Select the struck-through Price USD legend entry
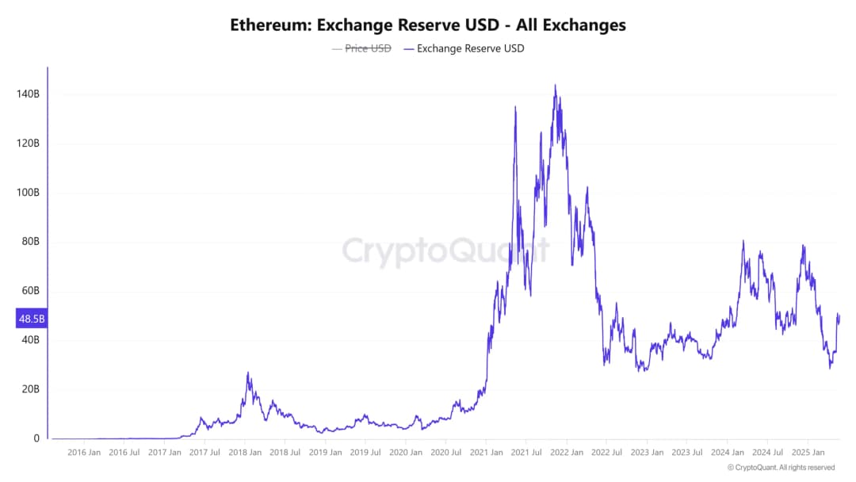point(368,48)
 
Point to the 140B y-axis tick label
point(28,94)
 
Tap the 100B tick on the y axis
point(28,193)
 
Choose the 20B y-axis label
point(29,389)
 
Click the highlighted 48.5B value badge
point(32,319)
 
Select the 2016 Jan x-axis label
point(83,453)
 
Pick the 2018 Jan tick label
point(244,453)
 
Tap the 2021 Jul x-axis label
point(526,453)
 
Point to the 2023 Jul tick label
point(686,453)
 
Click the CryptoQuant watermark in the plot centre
point(445,251)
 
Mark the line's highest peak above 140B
point(555,86)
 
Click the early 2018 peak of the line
point(248,373)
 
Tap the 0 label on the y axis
point(36,438)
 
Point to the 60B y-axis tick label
point(29,291)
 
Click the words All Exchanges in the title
point(571,25)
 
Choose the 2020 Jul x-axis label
point(446,453)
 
